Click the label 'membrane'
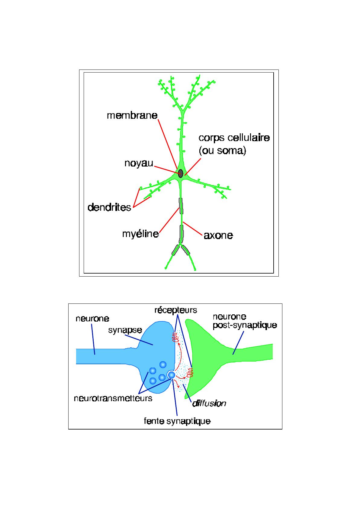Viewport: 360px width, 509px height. point(132,115)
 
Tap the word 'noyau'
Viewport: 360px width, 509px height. point(139,163)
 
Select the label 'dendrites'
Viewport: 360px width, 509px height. point(109,207)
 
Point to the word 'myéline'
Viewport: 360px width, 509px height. point(140,234)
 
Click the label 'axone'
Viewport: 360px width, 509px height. point(218,235)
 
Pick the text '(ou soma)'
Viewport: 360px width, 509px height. point(222,150)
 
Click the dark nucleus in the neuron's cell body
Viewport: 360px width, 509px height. point(181,173)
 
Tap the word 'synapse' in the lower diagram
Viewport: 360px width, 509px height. point(125,330)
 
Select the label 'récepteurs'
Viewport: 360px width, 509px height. point(175,310)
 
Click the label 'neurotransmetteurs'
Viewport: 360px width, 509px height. point(113,398)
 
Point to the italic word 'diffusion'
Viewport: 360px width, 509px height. point(209,403)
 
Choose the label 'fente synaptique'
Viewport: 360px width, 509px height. point(177,421)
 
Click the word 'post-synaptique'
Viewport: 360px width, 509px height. point(245,326)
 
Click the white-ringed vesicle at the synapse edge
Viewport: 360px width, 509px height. point(172,375)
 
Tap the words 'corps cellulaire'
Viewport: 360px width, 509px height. point(234,138)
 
